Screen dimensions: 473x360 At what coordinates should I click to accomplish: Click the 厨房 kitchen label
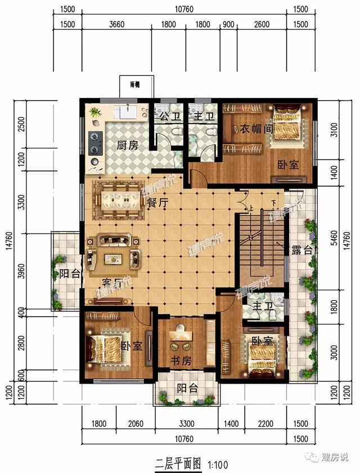[x=128, y=145]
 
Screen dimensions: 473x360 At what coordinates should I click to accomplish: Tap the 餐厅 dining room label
[x=157, y=204]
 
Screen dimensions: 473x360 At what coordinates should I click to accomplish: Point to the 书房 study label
[x=180, y=361]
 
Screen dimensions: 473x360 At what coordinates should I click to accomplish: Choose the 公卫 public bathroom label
[x=167, y=117]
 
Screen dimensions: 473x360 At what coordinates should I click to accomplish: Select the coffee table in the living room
[x=114, y=258]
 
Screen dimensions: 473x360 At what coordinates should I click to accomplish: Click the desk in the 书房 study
[x=181, y=336]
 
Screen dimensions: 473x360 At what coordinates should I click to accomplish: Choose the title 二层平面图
[x=178, y=465]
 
